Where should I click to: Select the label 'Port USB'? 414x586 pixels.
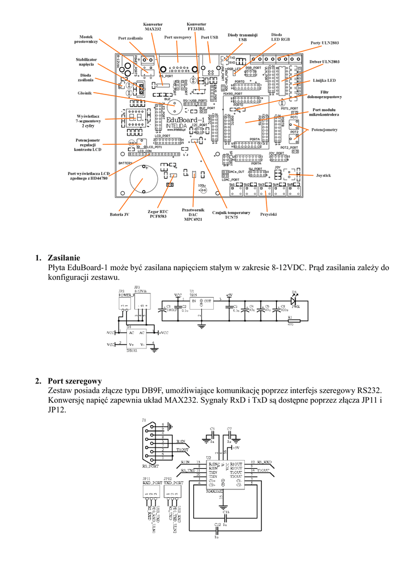click(x=209, y=37)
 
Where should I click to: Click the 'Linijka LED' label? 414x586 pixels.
click(x=324, y=81)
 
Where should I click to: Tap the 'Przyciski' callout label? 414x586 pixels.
click(x=268, y=214)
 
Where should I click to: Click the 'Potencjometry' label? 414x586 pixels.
click(x=325, y=130)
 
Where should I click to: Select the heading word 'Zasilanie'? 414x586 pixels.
click(x=64, y=258)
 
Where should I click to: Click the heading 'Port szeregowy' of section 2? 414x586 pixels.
click(x=75, y=381)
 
